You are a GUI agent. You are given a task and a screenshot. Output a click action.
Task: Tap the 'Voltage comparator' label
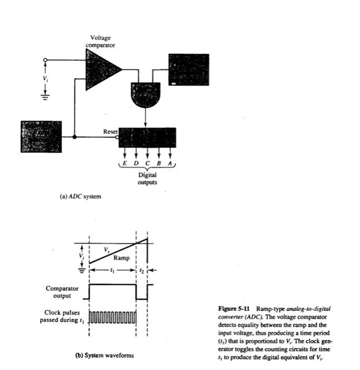coord(100,41)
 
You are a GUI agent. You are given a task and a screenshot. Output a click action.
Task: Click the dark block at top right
coord(188,70)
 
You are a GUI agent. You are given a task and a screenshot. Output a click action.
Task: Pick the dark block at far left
coord(41,137)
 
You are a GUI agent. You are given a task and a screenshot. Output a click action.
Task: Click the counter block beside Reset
coord(147,137)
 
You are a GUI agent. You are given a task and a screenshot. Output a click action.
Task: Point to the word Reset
coord(110,131)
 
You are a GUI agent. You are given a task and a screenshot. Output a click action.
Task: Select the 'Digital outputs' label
coord(147,178)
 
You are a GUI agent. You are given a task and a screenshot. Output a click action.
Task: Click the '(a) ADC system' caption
coord(80,197)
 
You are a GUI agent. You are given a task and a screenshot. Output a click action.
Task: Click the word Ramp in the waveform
coord(121,258)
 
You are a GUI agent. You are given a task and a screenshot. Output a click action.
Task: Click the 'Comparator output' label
coord(62,292)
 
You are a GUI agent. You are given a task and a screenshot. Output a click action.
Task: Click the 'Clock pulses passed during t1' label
coord(62,316)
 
